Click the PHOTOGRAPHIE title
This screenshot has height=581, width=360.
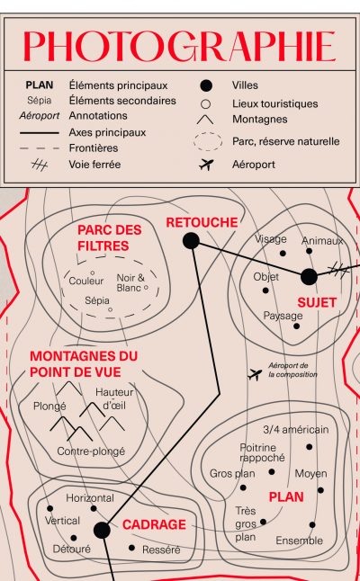(179, 46)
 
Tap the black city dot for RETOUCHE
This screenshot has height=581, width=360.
(191, 241)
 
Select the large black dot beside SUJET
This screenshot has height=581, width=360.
(309, 277)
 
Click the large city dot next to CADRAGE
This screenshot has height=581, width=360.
(102, 531)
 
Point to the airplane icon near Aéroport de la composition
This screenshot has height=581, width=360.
(255, 374)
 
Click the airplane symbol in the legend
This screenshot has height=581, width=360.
(206, 165)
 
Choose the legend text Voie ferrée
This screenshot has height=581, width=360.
(94, 165)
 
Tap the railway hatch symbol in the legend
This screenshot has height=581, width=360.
(40, 165)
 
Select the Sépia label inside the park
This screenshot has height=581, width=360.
(97, 300)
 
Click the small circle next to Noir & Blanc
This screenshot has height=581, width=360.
(146, 287)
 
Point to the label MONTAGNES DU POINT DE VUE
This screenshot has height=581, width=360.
(84, 364)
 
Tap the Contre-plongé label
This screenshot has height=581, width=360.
(91, 451)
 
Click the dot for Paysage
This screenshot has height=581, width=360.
(296, 326)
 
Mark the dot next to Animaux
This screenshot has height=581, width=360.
(309, 251)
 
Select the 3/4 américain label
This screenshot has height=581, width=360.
(296, 429)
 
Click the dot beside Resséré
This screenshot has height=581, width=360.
(131, 548)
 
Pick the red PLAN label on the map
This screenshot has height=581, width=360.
(286, 496)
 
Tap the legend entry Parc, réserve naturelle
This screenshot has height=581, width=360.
(286, 141)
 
